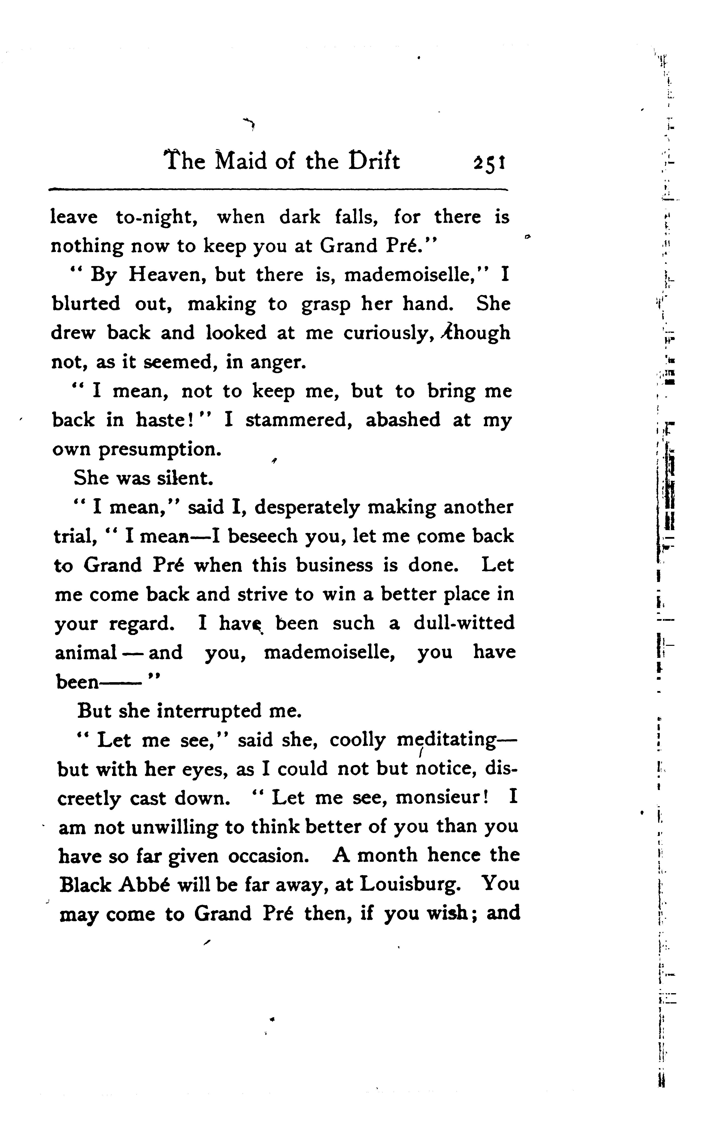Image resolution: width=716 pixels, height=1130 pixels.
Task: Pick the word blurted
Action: tap(86, 304)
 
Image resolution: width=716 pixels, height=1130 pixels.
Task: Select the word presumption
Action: tap(159, 450)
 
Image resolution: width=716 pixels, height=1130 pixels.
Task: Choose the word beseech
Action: tap(263, 536)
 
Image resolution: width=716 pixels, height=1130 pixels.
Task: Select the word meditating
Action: tap(446, 740)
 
